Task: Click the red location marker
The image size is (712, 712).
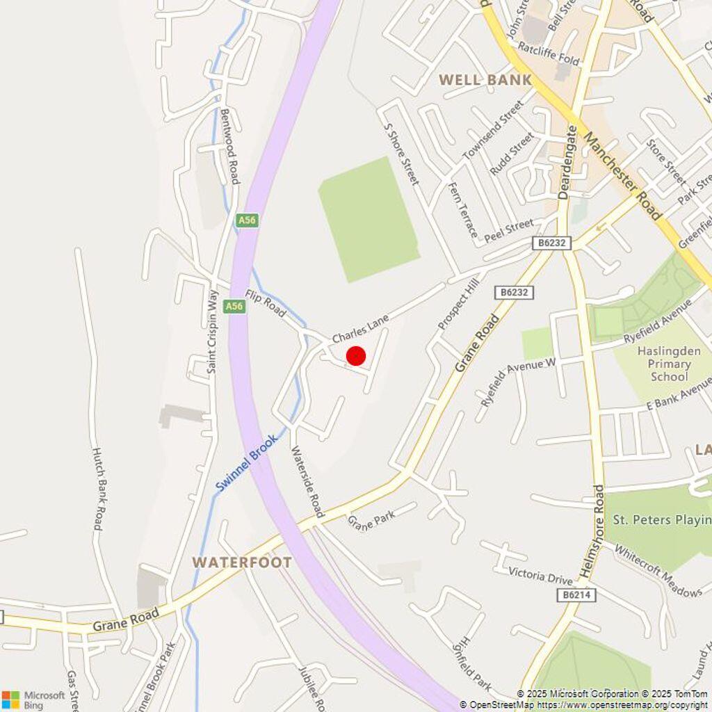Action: (356, 356)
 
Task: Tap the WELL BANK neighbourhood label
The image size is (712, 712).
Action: (485, 80)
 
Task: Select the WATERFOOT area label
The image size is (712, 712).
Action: (242, 562)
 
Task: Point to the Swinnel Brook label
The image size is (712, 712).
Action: (246, 462)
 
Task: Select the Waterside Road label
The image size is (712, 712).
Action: (307, 481)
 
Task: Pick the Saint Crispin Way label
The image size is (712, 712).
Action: (212, 331)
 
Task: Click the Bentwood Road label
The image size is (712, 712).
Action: (229, 146)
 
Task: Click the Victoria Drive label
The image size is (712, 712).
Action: (540, 576)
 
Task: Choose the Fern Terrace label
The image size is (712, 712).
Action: (464, 209)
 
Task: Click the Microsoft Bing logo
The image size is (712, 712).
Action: (33, 699)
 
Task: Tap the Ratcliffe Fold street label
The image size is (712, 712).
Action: (549, 55)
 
